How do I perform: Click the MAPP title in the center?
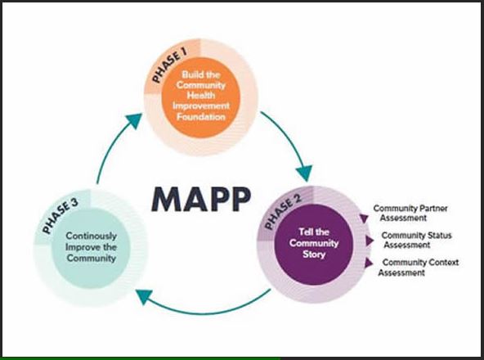[x=201, y=200]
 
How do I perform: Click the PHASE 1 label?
[x=170, y=67]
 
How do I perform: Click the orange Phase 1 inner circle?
[x=201, y=97]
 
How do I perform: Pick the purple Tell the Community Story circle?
[x=314, y=244]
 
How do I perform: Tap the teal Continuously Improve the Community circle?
[x=91, y=248]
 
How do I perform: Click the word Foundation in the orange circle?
[x=201, y=117]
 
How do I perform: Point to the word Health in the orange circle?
[x=201, y=95]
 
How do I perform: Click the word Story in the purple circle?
[x=314, y=254]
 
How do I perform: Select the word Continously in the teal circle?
[x=92, y=236]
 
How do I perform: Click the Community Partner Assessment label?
[x=410, y=213]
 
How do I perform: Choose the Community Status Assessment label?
[x=416, y=240]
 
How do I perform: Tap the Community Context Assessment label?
[x=419, y=268]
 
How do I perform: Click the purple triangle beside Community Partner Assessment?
[x=365, y=218]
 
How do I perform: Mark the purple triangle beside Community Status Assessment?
[x=370, y=241]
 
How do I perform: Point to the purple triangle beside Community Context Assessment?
[x=369, y=263]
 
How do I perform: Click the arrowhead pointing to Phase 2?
[x=305, y=173]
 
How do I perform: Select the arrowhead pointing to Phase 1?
[x=135, y=120]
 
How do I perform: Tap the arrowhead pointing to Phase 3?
[x=144, y=296]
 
